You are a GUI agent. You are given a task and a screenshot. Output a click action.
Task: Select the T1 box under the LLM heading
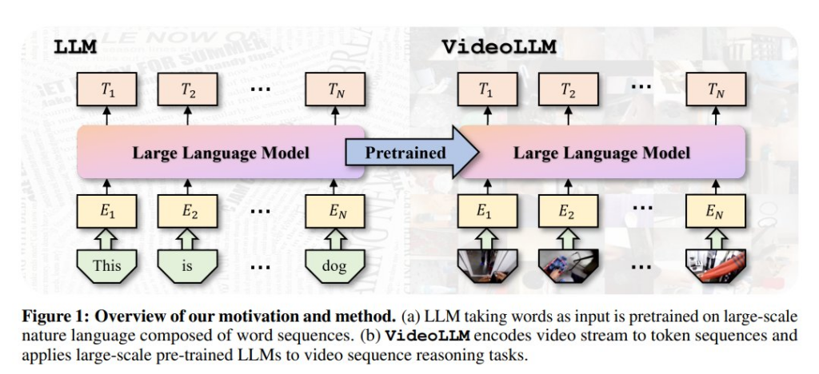click(x=107, y=90)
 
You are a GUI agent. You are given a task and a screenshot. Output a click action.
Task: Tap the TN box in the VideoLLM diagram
click(x=717, y=90)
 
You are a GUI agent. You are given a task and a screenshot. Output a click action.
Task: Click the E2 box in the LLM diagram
click(x=187, y=213)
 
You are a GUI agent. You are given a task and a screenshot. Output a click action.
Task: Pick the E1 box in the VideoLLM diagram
click(x=485, y=213)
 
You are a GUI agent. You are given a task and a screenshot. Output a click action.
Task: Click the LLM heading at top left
click(x=75, y=47)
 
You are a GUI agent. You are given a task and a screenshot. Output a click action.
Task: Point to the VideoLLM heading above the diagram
click(x=500, y=47)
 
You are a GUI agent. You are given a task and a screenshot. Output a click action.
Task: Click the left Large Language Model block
click(x=221, y=152)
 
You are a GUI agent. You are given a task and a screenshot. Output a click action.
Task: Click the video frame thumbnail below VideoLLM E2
click(x=567, y=266)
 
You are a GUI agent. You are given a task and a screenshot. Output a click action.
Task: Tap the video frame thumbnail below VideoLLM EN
click(x=717, y=266)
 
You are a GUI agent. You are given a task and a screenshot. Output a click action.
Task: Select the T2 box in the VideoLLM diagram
click(x=567, y=90)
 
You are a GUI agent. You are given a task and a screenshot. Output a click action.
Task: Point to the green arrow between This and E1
click(x=107, y=238)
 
